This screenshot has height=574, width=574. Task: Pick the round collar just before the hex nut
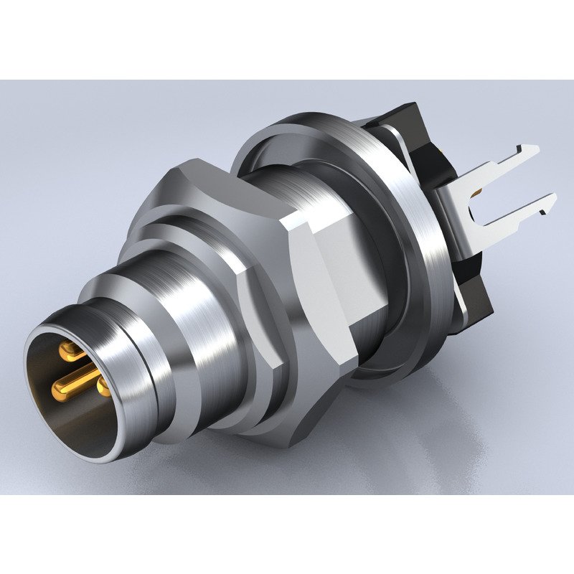pyautogui.click(x=215, y=237)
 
